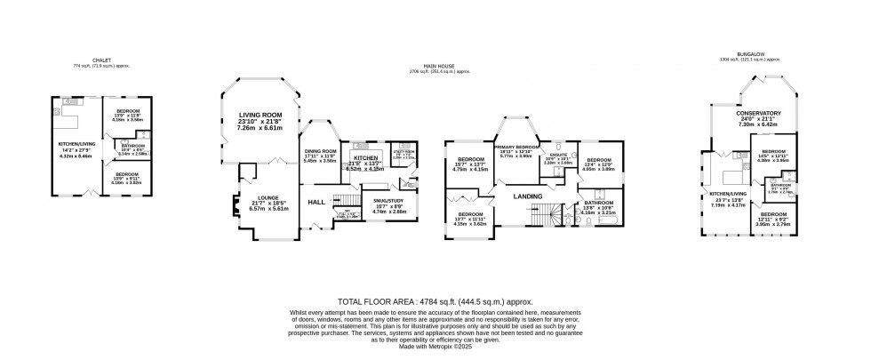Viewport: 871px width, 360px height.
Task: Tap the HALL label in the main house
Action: (316, 203)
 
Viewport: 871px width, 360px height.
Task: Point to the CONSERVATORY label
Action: (758, 114)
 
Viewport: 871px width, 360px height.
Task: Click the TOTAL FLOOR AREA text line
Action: (435, 301)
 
